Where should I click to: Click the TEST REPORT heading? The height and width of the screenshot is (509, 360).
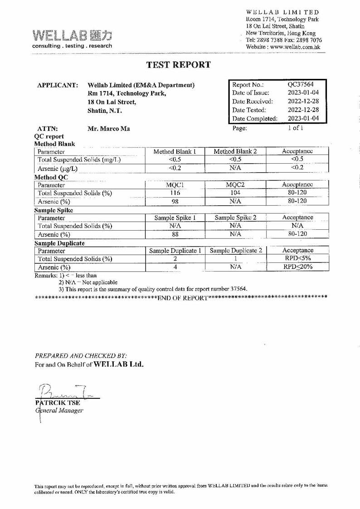[179, 65]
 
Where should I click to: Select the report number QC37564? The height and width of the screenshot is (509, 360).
[301, 84]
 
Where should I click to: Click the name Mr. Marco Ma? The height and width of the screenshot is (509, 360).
[108, 129]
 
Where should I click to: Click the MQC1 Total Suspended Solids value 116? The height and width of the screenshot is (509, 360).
[175, 193]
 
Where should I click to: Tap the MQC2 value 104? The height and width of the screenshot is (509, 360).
[235, 193]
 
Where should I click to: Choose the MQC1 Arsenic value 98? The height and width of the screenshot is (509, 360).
[175, 201]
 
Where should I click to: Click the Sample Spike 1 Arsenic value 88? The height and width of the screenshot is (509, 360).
[175, 234]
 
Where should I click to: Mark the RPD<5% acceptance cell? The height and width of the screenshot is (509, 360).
[298, 259]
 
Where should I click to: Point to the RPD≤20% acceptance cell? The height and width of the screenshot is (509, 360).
[298, 267]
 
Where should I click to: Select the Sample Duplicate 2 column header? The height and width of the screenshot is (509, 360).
[236, 251]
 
